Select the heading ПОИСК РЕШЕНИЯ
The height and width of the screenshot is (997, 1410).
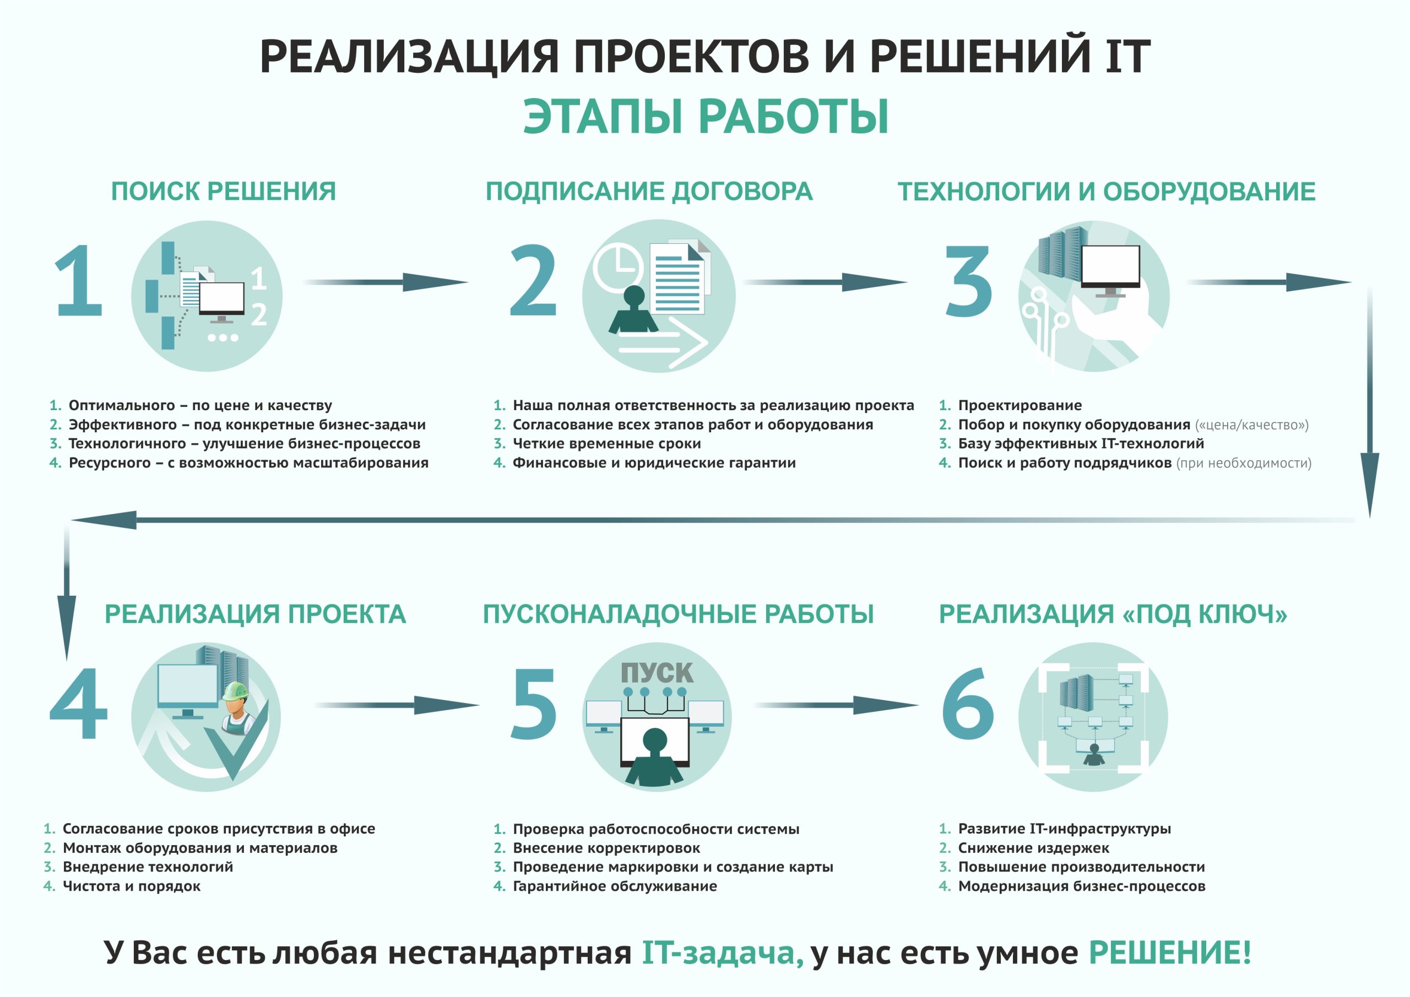[x=224, y=192]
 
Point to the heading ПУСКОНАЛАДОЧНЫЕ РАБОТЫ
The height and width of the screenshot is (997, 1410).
[x=678, y=614]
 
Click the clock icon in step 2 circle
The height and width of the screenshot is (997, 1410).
[x=619, y=268]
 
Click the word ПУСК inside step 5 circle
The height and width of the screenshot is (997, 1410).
[x=657, y=673]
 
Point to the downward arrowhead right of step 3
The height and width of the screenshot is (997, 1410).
[x=1369, y=485]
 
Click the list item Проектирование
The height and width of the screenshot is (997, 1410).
[x=1019, y=405]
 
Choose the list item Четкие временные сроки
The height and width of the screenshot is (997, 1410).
[x=607, y=443]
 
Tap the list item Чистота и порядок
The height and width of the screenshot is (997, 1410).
[x=132, y=886]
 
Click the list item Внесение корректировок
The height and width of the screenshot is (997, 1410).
[x=606, y=848]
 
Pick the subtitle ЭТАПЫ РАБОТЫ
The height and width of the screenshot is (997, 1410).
[x=705, y=116]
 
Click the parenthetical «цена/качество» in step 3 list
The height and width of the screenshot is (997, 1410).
[x=1251, y=425]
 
